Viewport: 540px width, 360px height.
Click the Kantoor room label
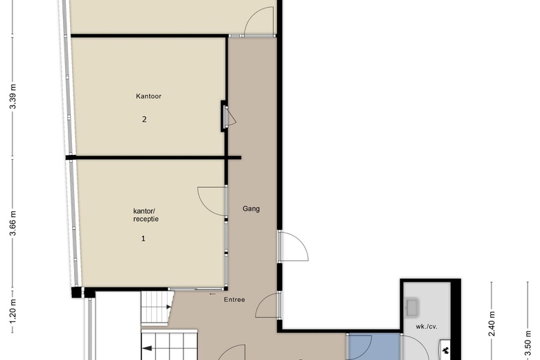point(148,96)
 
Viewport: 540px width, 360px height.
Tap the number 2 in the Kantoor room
point(144,119)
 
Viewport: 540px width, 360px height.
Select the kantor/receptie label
point(146,215)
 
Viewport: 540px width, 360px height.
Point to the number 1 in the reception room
point(143,238)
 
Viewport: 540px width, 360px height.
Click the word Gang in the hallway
point(251,208)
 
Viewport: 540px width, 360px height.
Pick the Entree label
point(235,300)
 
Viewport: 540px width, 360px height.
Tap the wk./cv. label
point(426,327)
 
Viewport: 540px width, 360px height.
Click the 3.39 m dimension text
point(13,96)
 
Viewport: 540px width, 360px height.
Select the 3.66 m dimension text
point(13,223)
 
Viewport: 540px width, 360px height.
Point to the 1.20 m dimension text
point(13,312)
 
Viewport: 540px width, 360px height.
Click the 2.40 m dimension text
point(492,323)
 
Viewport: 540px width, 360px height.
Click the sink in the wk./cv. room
point(412,307)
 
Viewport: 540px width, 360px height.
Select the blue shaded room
point(374,347)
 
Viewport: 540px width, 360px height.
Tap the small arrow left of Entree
point(213,294)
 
